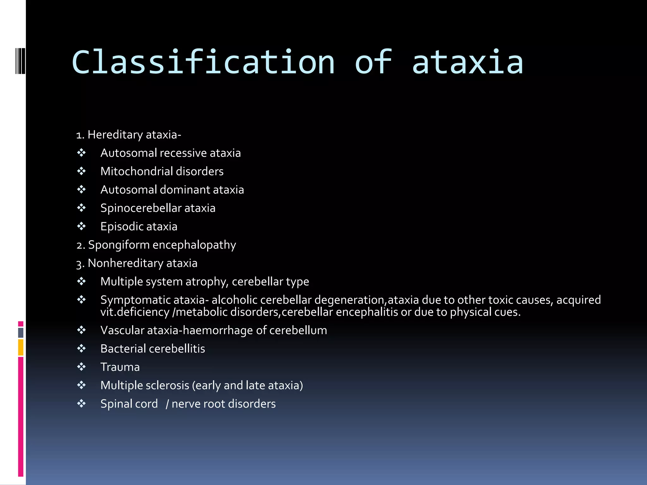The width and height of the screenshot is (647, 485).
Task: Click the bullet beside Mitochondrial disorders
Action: point(82,171)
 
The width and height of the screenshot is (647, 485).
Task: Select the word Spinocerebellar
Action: point(141,208)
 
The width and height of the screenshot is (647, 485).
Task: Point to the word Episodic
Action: point(122,227)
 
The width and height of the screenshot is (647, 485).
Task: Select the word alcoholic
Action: point(234,300)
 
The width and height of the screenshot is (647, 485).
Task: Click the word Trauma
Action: point(120,367)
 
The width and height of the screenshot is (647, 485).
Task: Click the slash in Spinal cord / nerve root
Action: point(167,404)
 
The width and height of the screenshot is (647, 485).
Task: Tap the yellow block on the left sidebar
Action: point(21,347)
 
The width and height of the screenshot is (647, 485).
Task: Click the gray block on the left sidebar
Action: point(21,333)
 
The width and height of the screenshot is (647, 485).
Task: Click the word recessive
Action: point(183,153)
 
